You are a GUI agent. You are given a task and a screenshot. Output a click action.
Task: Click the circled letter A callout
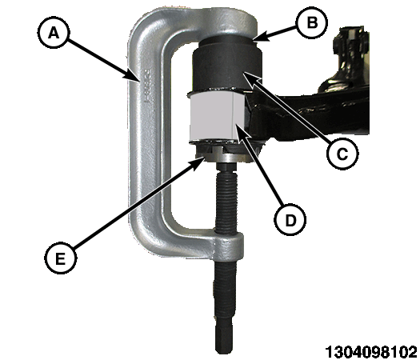(x=54, y=33)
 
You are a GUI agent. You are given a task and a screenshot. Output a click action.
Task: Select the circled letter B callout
(x=311, y=22)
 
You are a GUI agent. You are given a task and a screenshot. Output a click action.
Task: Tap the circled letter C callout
(x=342, y=154)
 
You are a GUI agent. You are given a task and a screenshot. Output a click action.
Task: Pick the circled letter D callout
(x=290, y=220)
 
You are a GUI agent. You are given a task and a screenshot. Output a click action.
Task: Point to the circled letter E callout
(x=61, y=258)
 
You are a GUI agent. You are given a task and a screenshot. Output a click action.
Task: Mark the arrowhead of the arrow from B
(x=260, y=38)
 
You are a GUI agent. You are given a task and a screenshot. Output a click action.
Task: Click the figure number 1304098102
(x=370, y=350)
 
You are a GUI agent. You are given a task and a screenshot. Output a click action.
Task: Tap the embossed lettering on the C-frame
(x=146, y=86)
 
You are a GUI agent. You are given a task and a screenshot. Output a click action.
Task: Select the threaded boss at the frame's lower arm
(x=229, y=246)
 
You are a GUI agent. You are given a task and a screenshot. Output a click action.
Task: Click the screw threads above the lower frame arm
(x=226, y=200)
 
